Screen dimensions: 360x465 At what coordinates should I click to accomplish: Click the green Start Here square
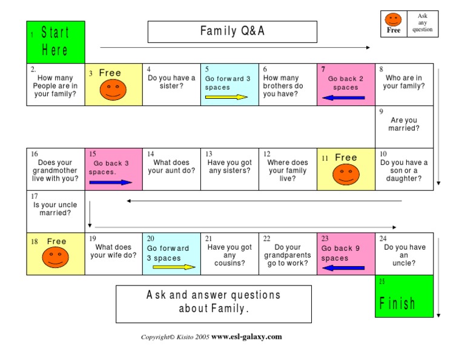(55, 42)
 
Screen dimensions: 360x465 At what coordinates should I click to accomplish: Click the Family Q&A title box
(232, 32)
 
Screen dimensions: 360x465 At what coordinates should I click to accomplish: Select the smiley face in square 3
(113, 91)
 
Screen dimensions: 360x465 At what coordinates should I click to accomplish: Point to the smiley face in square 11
(346, 176)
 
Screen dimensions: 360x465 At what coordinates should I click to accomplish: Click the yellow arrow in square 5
(226, 97)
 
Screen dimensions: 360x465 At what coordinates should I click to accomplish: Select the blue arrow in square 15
(110, 182)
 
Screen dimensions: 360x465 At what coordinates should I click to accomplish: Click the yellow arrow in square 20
(174, 267)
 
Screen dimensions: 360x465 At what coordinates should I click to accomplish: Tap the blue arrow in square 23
(343, 267)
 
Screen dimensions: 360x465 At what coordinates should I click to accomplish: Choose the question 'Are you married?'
(404, 124)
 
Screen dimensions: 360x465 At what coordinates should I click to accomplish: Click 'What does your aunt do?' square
(171, 167)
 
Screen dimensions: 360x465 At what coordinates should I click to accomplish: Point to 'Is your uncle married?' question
(55, 208)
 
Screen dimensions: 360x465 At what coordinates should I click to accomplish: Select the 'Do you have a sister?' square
(171, 82)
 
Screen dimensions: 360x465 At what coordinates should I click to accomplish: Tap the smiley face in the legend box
(394, 19)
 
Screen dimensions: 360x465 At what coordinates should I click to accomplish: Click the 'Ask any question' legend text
(423, 22)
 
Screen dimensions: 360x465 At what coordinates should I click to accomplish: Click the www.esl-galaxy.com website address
(246, 337)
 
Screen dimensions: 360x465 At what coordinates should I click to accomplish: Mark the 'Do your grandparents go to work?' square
(288, 255)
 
